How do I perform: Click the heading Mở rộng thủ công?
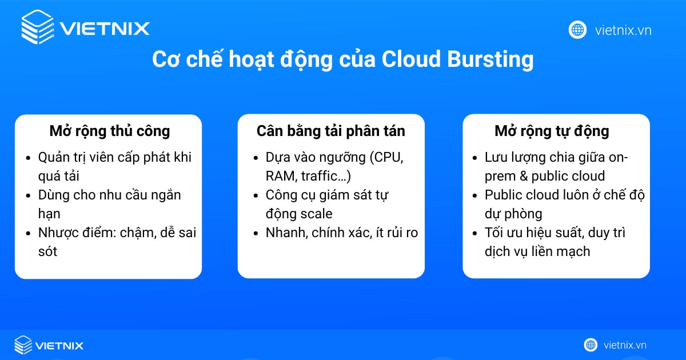(x=110, y=131)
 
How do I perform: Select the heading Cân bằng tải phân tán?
(x=331, y=131)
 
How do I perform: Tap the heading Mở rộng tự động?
(x=552, y=131)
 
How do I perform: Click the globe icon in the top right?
(x=577, y=30)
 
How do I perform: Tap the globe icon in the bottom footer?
(x=591, y=345)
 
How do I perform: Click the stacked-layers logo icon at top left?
(x=38, y=27)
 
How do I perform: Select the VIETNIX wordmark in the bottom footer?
(x=59, y=345)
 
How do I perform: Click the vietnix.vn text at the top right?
(x=623, y=30)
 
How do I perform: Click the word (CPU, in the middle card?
(x=387, y=157)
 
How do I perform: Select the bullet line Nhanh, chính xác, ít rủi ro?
(x=342, y=232)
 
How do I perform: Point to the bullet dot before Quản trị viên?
(x=30, y=158)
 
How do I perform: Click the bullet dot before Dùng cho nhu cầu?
(x=30, y=195)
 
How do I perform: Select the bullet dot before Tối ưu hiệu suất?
(x=476, y=233)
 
